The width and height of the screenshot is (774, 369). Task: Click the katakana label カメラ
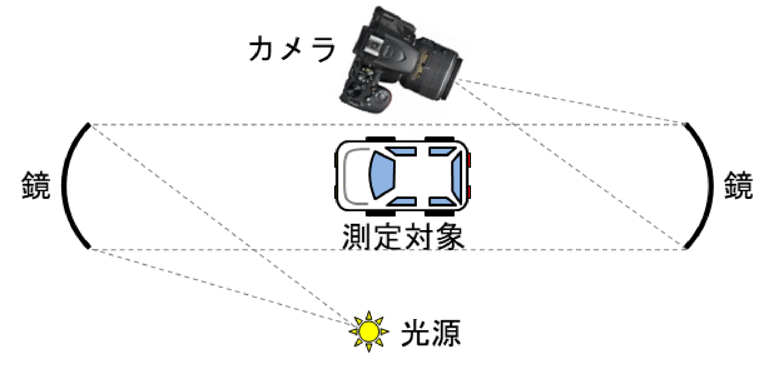pos(292,49)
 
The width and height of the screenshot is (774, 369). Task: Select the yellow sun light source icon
pos(368,331)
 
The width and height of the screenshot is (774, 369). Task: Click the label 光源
pos(431,333)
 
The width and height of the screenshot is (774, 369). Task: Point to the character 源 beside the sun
pos(446,333)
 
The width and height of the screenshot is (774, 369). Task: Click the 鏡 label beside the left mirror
pos(36,185)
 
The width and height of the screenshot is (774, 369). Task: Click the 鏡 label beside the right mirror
pos(738,185)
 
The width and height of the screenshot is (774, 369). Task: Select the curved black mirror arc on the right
pos(710,186)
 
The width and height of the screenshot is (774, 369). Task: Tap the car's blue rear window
pos(456,175)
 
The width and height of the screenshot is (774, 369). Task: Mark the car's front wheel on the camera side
pos(380,139)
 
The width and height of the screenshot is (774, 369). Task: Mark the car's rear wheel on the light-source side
pos(439,213)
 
